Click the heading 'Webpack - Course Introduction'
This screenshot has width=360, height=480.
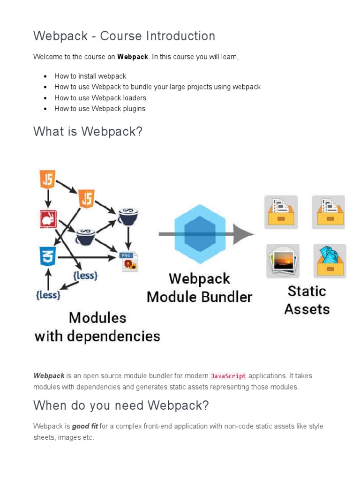[124, 36]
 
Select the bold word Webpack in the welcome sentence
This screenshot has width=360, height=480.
[133, 57]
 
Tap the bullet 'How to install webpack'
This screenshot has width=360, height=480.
[90, 76]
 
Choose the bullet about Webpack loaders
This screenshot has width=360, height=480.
[100, 98]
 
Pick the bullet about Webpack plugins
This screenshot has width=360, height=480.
[100, 109]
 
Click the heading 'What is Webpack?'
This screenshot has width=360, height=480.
[88, 132]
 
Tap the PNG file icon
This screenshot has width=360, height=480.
[128, 262]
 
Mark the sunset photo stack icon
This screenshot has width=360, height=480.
[283, 261]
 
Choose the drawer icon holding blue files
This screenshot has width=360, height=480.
[330, 261]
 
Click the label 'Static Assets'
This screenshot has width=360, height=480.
[307, 300]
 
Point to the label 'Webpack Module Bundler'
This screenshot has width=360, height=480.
[199, 288]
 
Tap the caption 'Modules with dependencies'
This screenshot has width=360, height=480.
[97, 327]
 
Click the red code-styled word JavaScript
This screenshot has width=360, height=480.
[228, 376]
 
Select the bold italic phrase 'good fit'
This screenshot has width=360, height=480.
[85, 427]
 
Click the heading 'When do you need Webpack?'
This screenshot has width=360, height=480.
[121, 405]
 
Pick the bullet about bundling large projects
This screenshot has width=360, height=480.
[157, 87]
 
